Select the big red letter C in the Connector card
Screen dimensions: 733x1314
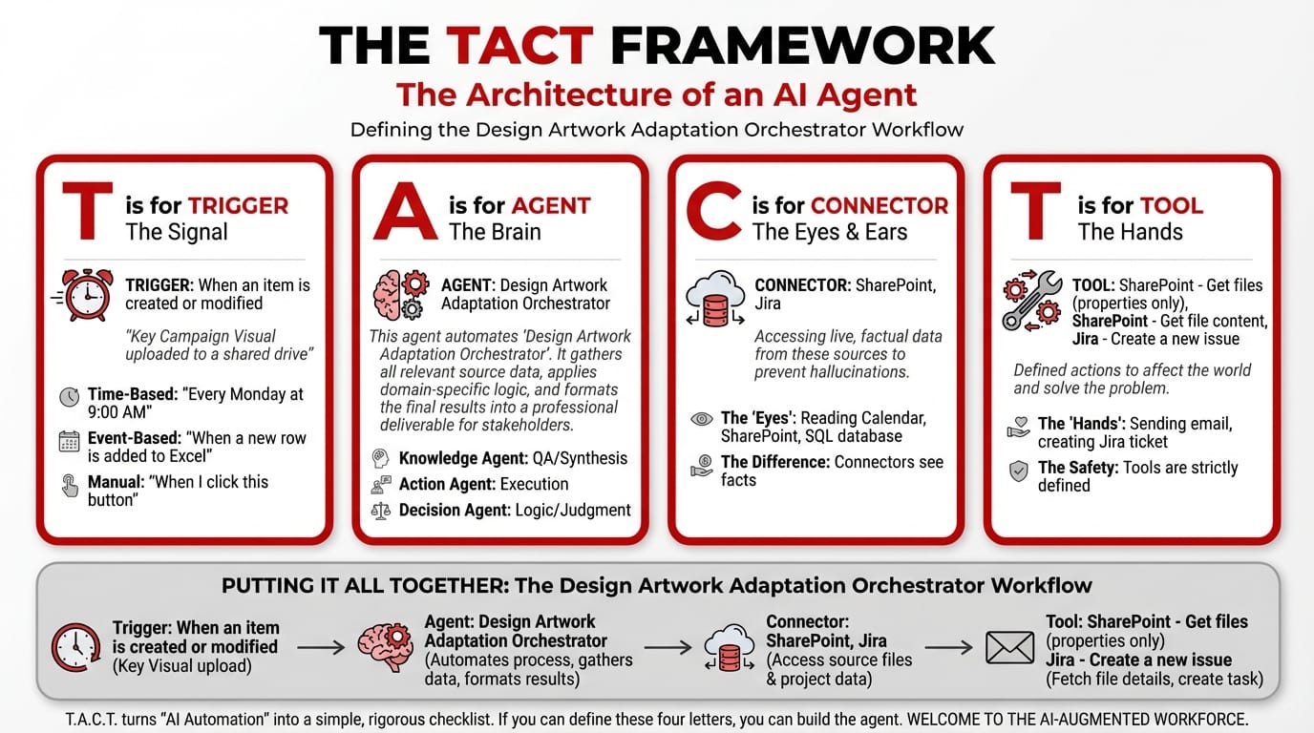click(712, 213)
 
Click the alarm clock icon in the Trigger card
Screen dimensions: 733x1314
click(84, 294)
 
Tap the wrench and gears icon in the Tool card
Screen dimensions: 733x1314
click(1031, 300)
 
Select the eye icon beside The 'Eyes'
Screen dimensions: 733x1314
click(701, 418)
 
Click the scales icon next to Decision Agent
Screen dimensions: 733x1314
click(381, 510)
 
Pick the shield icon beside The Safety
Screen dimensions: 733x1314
click(1019, 470)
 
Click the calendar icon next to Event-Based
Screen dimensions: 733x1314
click(70, 440)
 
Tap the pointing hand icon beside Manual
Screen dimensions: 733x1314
click(70, 485)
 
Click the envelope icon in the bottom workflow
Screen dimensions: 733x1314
click(1009, 647)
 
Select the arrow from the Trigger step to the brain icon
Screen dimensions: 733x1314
click(321, 647)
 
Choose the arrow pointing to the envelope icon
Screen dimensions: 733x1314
click(948, 647)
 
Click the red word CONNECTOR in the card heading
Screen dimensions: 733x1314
click(879, 205)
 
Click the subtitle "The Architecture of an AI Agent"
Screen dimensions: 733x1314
click(656, 94)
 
